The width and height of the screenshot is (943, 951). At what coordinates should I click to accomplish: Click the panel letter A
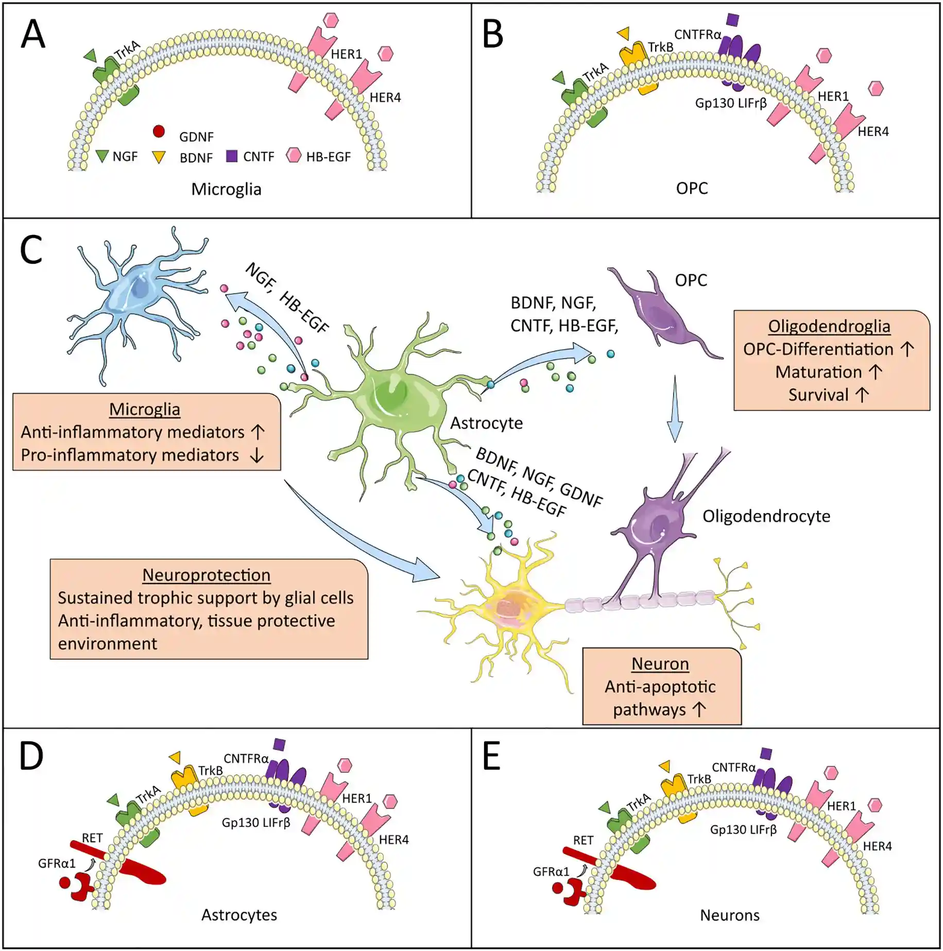point(32,34)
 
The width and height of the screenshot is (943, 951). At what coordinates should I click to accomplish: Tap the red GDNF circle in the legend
point(159,131)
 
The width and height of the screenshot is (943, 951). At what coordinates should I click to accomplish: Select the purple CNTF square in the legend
point(232,156)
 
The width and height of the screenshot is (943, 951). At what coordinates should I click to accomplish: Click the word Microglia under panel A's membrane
point(226,189)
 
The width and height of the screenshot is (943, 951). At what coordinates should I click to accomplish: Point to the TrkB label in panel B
point(660,47)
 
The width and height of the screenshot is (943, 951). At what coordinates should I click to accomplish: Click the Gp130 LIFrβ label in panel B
point(730,103)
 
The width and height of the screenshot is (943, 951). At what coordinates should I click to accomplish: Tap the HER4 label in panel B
point(873,131)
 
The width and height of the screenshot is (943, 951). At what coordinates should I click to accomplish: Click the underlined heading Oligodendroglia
point(829,326)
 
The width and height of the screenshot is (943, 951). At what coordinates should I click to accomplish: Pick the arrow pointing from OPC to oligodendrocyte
point(675,410)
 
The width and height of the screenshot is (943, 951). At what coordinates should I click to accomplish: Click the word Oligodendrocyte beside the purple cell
point(766,516)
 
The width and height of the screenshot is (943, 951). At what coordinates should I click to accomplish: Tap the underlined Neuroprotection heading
point(206,575)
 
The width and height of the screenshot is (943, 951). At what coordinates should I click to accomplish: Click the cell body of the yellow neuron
point(510,605)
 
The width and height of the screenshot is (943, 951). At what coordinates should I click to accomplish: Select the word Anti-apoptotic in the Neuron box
point(660,687)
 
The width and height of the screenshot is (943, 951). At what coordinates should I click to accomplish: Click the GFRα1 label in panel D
point(57,863)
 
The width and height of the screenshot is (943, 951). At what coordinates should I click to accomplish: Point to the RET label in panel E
point(583,840)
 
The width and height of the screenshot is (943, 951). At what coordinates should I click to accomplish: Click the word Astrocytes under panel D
point(239,915)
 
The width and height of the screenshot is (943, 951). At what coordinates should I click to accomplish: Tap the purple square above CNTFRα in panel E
point(766,754)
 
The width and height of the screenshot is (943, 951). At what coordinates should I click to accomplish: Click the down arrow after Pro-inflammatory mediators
point(256,455)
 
